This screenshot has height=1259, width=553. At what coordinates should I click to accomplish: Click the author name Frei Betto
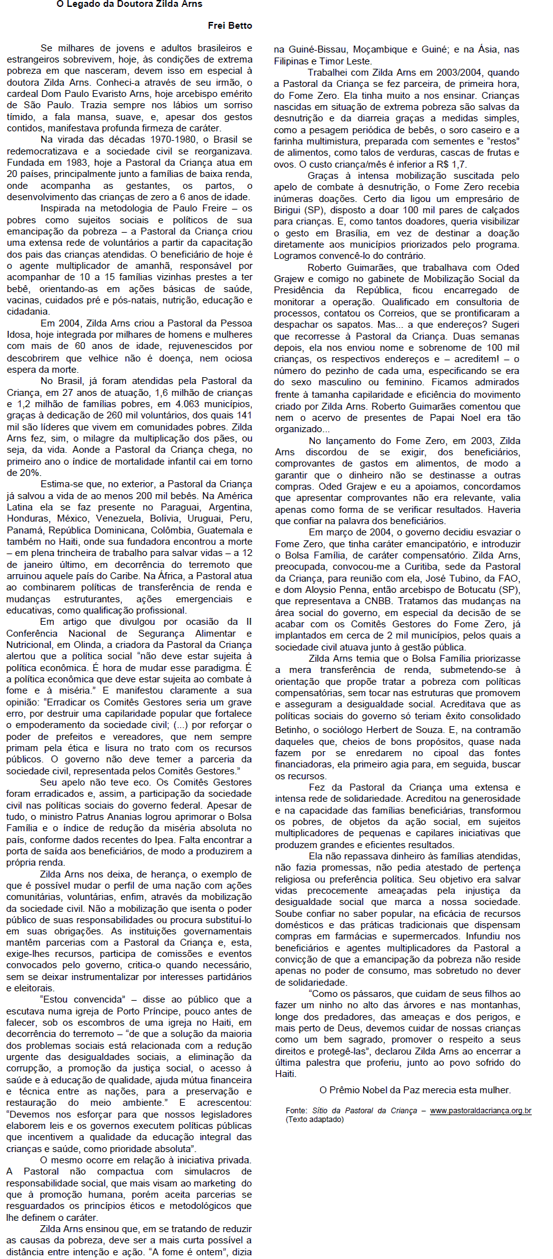coord(230,26)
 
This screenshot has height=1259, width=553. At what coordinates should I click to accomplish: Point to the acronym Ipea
coord(163,840)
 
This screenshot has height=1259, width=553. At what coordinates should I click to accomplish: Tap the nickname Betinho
coord(291,729)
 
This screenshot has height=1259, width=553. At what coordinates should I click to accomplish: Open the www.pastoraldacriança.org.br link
coord(480,1111)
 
